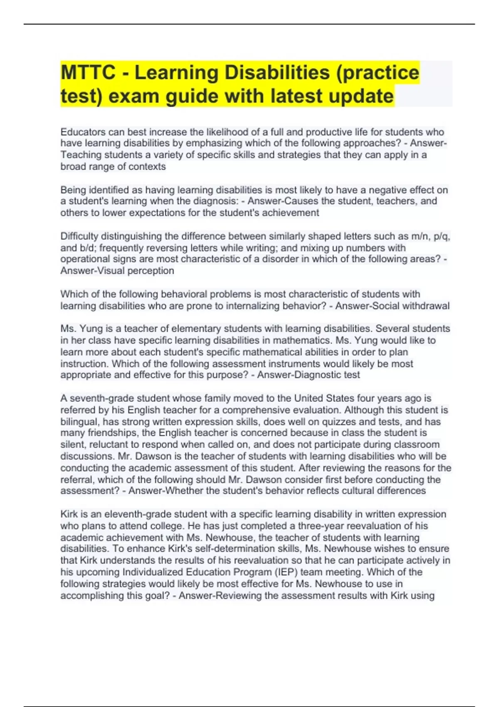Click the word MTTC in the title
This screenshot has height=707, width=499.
click(88, 73)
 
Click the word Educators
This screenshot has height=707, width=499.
click(83, 132)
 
